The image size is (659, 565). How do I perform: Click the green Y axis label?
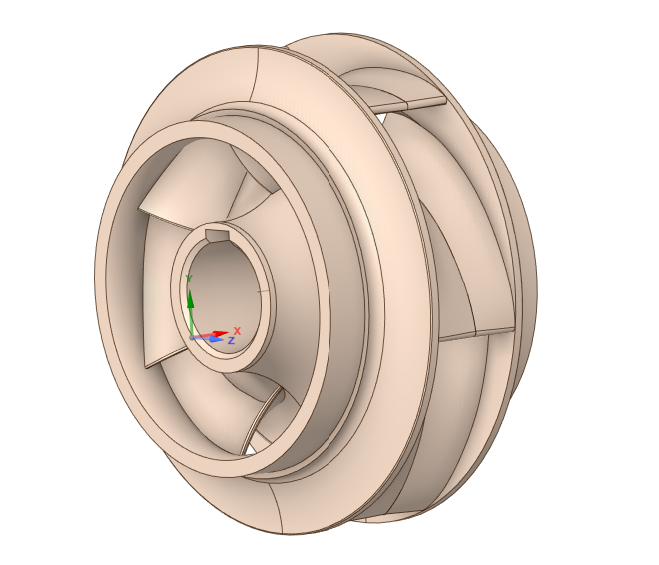pyautogui.click(x=189, y=279)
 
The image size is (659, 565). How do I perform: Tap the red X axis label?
pyautogui.click(x=237, y=331)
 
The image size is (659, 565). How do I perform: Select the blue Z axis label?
pyautogui.click(x=231, y=340)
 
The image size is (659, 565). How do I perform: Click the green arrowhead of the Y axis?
pyautogui.click(x=190, y=299)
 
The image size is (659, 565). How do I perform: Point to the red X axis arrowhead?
pyautogui.click(x=221, y=334)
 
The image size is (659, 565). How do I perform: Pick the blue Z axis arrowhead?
pyautogui.click(x=216, y=339)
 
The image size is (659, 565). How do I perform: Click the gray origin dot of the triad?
pyautogui.click(x=192, y=337)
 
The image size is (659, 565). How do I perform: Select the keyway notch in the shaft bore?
pyautogui.click(x=217, y=236)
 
